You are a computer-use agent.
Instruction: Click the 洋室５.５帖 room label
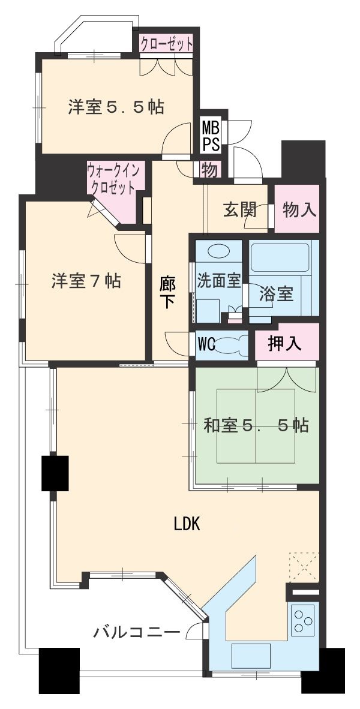(x=116, y=107)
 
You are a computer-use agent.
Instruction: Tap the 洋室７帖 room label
(x=86, y=280)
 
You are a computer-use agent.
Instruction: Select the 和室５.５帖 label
(x=256, y=425)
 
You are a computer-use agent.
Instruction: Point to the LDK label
(x=187, y=524)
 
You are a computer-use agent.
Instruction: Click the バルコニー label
(x=137, y=632)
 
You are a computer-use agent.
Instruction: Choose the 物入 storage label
(x=299, y=209)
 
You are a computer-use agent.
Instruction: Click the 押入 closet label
(x=285, y=344)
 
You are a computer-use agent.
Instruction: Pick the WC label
(x=206, y=345)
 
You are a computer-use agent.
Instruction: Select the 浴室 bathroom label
(x=276, y=295)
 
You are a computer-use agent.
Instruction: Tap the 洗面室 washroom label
(x=219, y=281)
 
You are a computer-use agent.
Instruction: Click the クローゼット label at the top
(x=167, y=44)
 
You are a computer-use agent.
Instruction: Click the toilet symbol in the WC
(x=232, y=345)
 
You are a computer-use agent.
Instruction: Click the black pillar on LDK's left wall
(x=55, y=473)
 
